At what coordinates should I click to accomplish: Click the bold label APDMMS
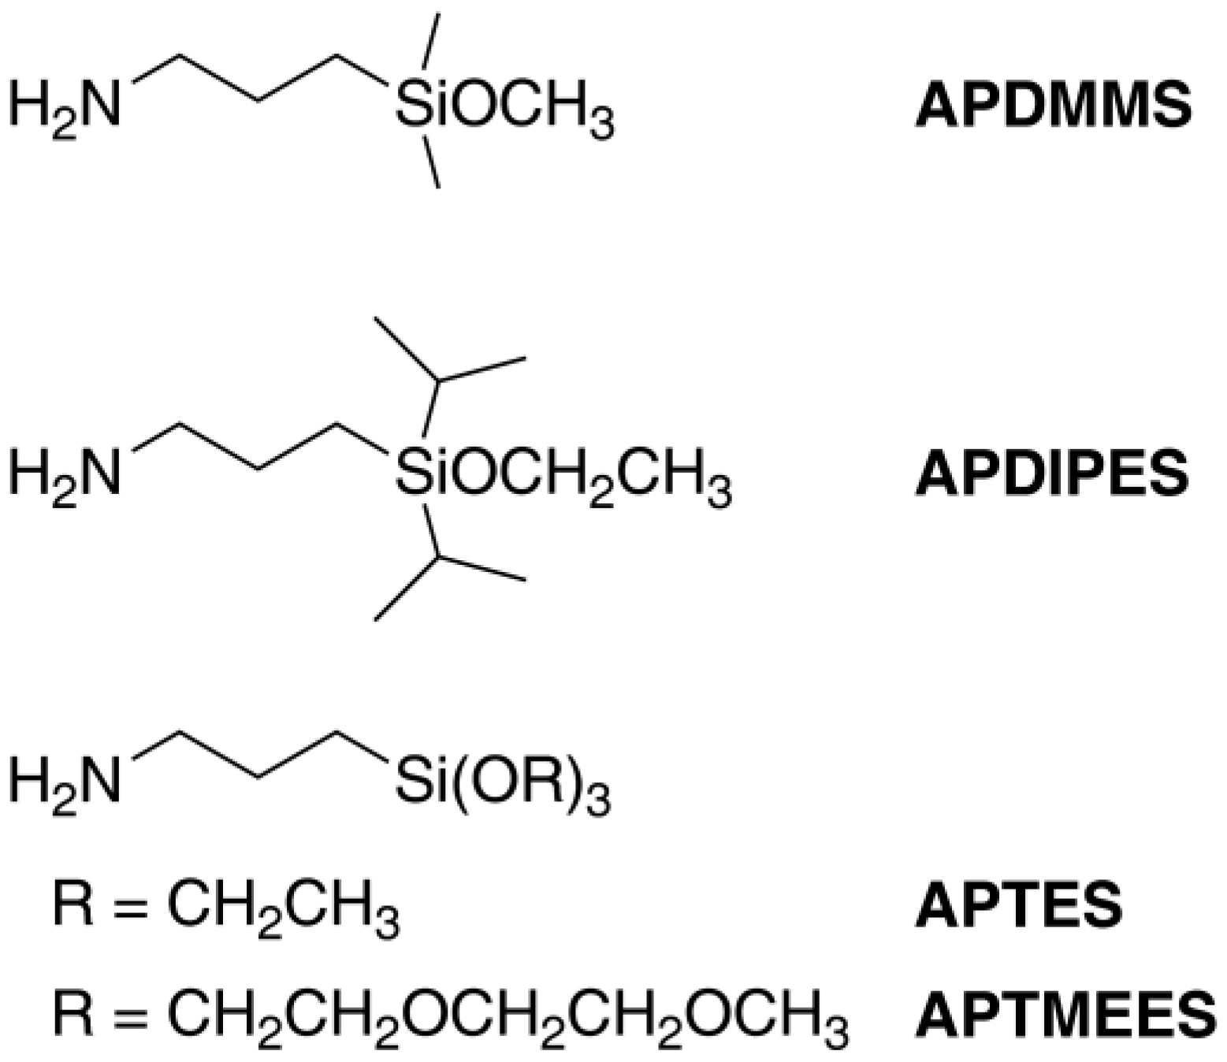click(x=1053, y=106)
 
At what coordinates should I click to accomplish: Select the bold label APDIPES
click(x=1051, y=473)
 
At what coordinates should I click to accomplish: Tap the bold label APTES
click(x=1018, y=905)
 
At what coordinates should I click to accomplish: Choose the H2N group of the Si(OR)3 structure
click(x=65, y=782)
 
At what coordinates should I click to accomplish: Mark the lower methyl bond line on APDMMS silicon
click(x=432, y=164)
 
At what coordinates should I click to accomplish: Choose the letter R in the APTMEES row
click(x=73, y=1012)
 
